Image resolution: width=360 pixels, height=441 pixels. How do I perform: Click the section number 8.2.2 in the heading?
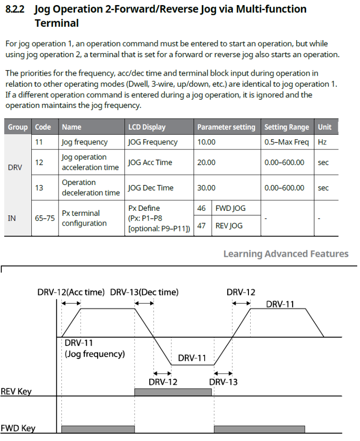pos(17,9)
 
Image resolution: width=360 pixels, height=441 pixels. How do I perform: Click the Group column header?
pos(18,127)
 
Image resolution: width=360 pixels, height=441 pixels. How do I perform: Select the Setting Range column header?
pos(286,127)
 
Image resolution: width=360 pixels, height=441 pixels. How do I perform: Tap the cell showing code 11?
pos(39,142)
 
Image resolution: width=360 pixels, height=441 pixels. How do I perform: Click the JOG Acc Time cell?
pos(150,162)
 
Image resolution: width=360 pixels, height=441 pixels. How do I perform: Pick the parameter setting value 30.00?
pos(207,188)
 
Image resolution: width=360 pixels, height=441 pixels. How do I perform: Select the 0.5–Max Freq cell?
pos(286,142)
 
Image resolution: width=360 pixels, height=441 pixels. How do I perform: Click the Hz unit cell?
pos(322,142)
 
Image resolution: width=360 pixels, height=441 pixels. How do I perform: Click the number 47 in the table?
pos(201,226)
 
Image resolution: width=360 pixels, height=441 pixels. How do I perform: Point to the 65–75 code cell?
pos(44,218)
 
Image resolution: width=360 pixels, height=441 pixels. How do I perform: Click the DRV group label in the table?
pos(15,167)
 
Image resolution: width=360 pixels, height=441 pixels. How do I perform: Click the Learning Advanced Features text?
pos(286,254)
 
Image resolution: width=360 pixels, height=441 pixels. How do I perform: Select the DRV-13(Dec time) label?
pos(144,292)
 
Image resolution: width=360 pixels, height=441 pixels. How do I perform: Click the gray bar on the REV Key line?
pos(173,392)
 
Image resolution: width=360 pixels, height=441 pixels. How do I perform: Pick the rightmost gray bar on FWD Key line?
pos(260,429)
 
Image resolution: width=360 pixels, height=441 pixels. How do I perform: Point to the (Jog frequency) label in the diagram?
pos(94,354)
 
